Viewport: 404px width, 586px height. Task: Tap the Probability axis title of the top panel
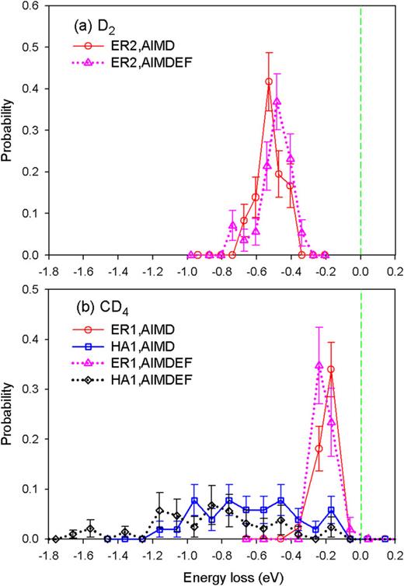click(x=10, y=129)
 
